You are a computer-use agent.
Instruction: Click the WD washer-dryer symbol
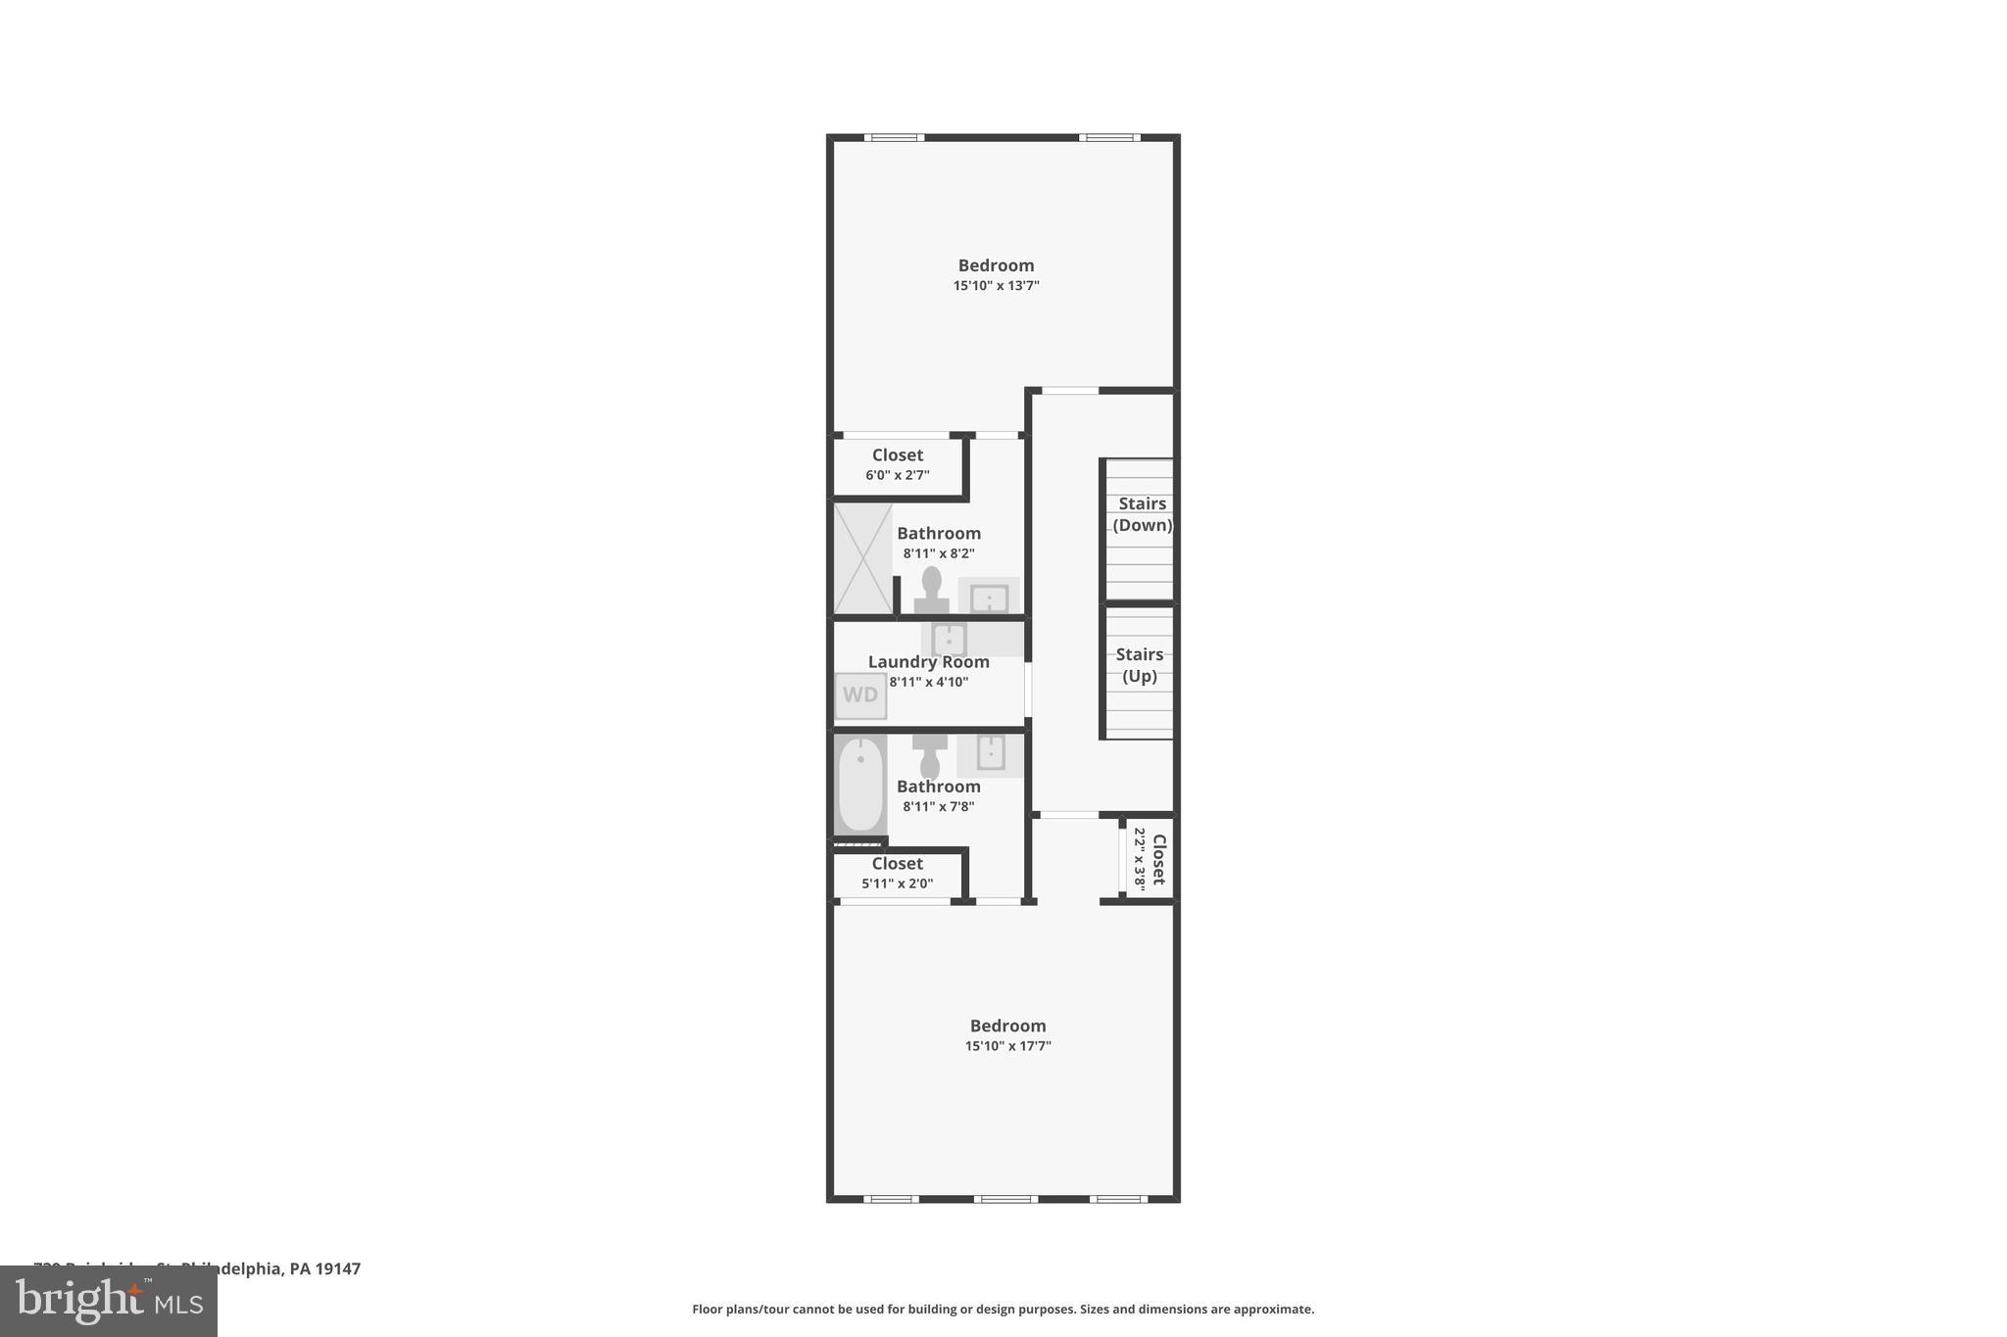pos(860,695)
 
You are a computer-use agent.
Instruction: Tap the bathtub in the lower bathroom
pos(860,785)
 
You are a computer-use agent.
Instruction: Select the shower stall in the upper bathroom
pos(862,558)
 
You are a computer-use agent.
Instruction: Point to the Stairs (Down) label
pos(1142,514)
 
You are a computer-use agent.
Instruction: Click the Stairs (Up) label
pos(1139,665)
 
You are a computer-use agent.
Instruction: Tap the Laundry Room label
pos(928,662)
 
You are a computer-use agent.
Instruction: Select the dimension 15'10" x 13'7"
pos(996,286)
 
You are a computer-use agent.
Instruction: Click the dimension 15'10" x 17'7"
pos(1007,1046)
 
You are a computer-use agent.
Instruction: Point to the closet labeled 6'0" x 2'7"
pos(898,465)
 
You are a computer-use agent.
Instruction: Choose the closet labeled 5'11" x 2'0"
pos(898,874)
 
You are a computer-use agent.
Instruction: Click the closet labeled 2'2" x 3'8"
pos(1150,859)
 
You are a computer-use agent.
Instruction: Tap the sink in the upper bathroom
pos(989,597)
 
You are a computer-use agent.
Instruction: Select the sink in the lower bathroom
pos(990,752)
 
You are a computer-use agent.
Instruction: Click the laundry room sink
pos(949,639)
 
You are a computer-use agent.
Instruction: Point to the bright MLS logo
pos(109,1302)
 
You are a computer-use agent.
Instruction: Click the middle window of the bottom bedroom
pos(1004,1199)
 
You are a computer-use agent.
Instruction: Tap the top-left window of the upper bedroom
pos(894,137)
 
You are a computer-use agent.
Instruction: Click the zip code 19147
pos(337,1268)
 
